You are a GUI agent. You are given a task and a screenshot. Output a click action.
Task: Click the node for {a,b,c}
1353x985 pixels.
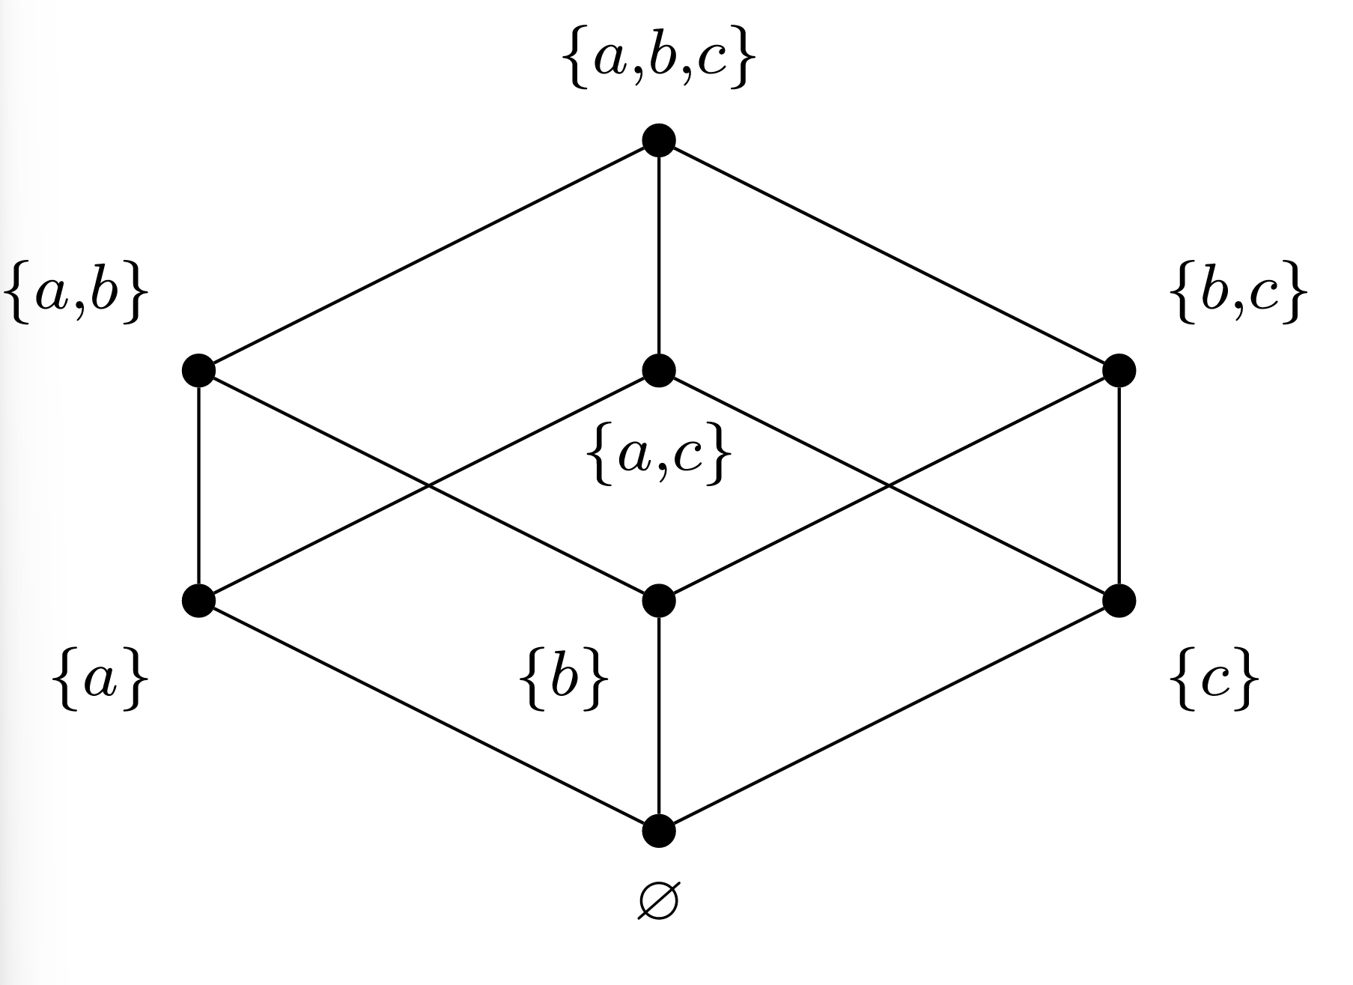pos(659,140)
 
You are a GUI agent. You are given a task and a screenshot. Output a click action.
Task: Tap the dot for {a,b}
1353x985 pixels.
pos(198,370)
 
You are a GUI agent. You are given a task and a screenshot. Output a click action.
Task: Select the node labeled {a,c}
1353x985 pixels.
pos(659,370)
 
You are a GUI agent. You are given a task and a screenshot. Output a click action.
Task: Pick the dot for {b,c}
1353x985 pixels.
pos(1119,370)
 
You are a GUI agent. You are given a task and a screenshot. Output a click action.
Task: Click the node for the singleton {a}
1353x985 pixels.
pos(198,600)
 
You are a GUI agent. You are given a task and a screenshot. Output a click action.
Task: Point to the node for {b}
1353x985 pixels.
pos(659,600)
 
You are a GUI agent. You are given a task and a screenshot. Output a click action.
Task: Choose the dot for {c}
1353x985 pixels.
pos(1119,600)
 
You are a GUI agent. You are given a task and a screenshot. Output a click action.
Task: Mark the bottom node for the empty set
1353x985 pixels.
pos(659,831)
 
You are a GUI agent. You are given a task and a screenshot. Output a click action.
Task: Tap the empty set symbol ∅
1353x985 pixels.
pos(658,903)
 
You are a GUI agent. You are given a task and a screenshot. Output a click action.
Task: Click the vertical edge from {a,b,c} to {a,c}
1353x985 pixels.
pos(659,255)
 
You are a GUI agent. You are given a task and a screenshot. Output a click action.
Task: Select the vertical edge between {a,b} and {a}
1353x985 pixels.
pos(198,485)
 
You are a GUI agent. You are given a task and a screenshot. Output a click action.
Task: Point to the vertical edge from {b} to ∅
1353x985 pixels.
pos(659,715)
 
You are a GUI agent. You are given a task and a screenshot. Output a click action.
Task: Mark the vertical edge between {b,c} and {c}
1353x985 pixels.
pos(1119,485)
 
